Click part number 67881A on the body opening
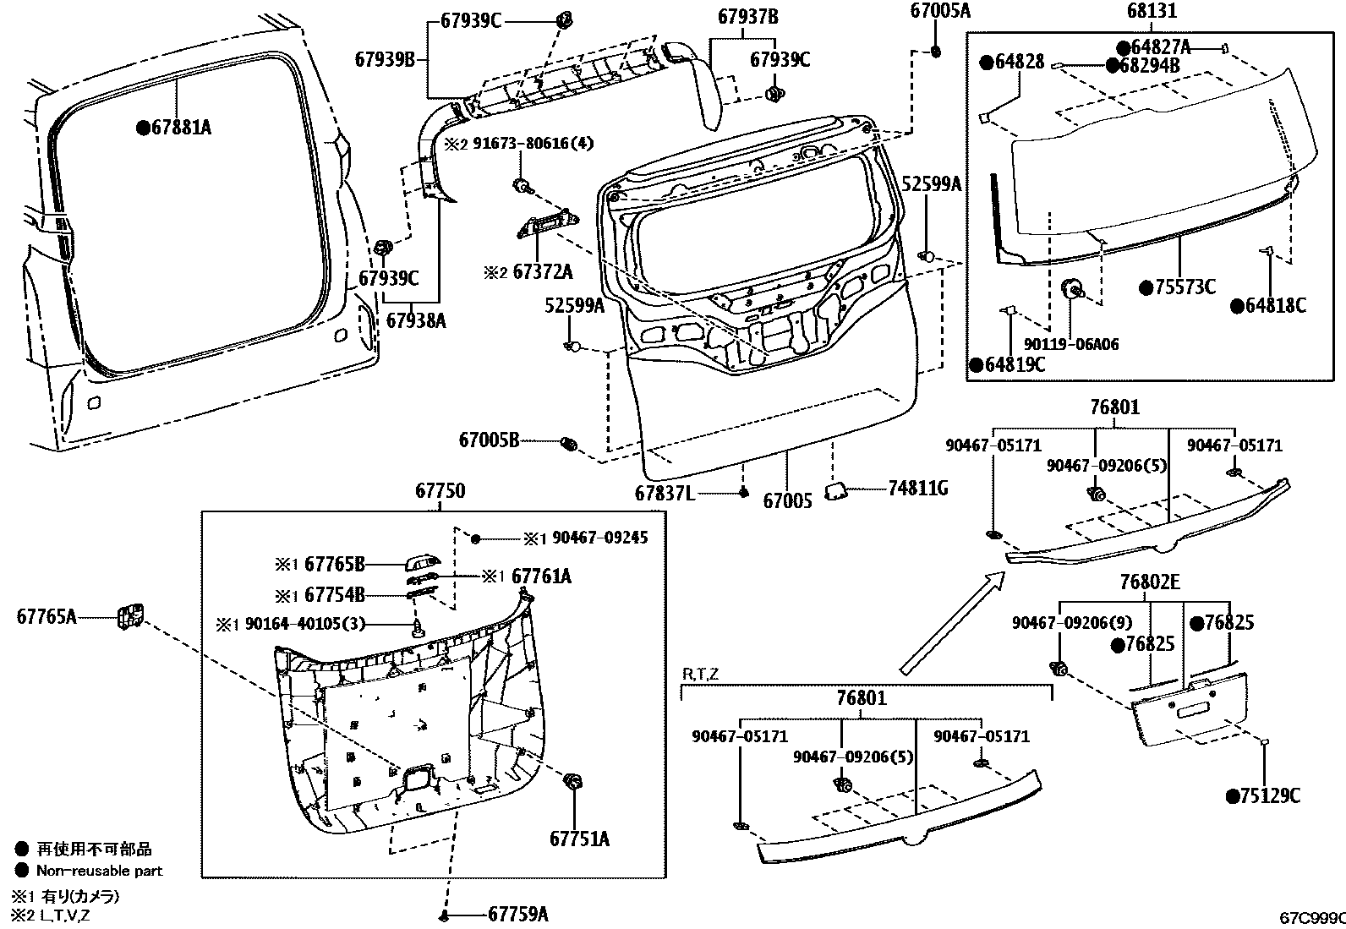click(180, 128)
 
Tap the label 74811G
click(917, 488)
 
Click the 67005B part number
click(489, 440)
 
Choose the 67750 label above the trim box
click(440, 491)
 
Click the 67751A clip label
click(579, 839)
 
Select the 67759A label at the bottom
click(517, 914)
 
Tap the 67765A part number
click(47, 616)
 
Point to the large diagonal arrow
click(951, 622)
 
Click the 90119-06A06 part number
click(1070, 344)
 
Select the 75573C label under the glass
click(1185, 287)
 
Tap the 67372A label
click(542, 272)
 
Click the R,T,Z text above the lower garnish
click(700, 674)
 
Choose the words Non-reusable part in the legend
click(99, 871)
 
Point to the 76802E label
click(1150, 582)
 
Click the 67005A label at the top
click(940, 11)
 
